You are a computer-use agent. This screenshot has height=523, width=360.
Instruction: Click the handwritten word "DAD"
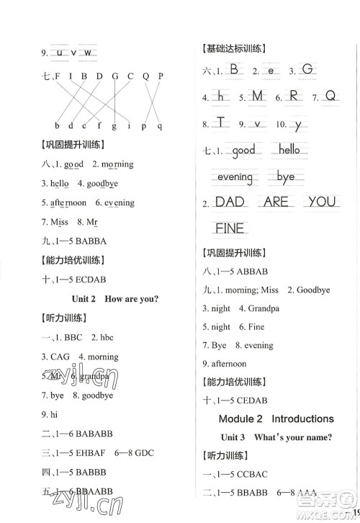coord(230,202)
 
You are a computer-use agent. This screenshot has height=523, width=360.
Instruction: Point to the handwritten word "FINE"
coord(230,229)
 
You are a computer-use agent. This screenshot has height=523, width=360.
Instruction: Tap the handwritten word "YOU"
coord(321,202)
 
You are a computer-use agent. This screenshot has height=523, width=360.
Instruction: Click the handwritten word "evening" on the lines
coord(235,177)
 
